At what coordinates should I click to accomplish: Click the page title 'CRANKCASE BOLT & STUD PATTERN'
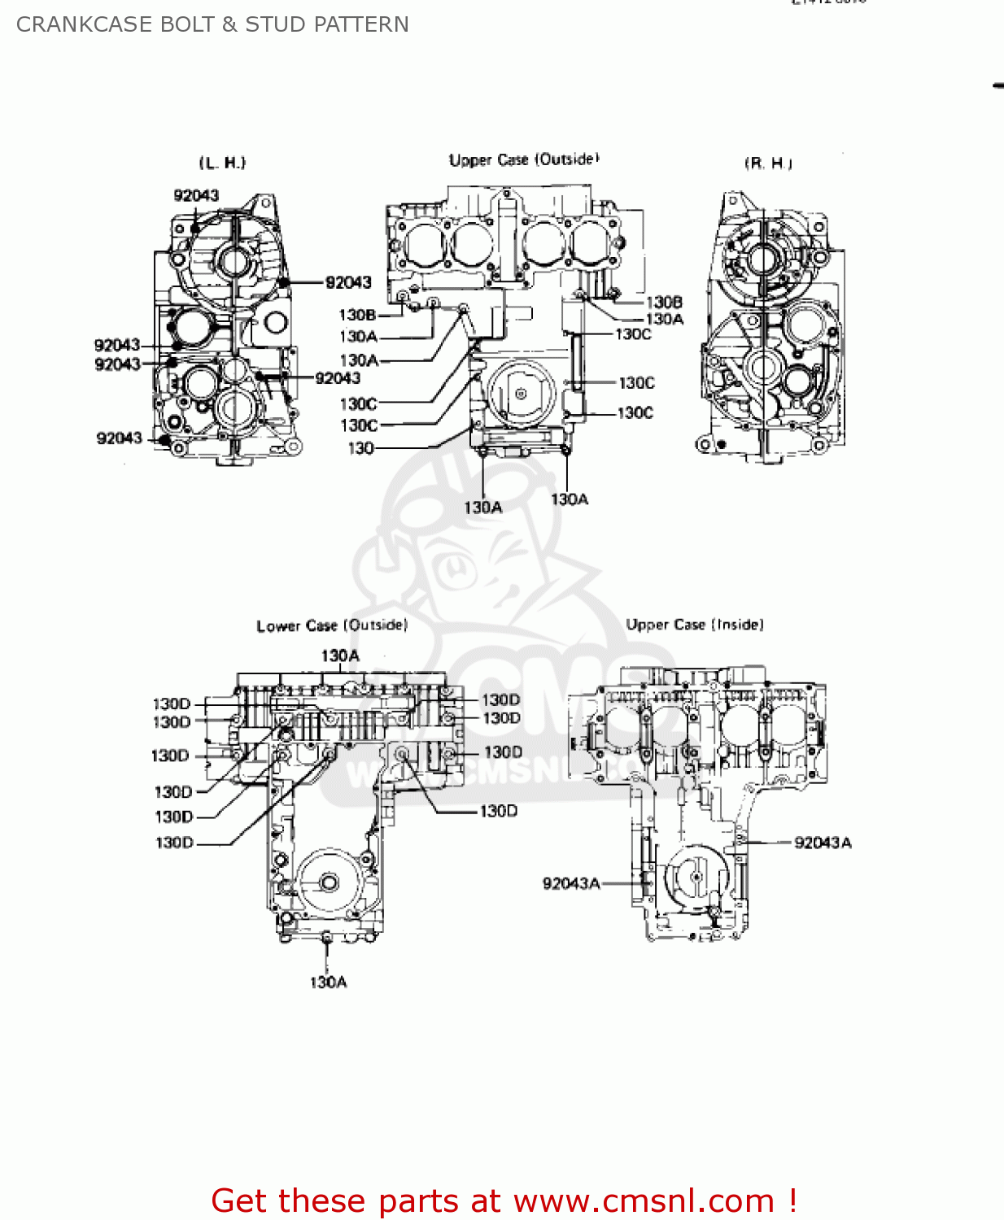point(212,24)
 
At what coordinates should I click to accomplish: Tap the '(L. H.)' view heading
point(222,163)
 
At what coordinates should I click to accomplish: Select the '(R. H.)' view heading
point(768,163)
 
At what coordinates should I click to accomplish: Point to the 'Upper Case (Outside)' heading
point(524,159)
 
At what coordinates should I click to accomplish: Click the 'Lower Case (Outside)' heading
point(332,625)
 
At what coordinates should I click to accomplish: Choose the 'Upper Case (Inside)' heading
point(695,625)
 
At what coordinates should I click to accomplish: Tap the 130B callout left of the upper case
point(357,315)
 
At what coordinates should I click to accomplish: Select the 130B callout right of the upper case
point(664,302)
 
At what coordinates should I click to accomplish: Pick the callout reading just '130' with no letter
point(360,448)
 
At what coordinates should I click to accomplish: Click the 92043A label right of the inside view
point(823,843)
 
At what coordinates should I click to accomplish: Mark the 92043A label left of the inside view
point(571,883)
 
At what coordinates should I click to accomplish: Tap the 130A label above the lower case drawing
point(340,656)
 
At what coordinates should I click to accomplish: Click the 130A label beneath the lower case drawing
point(328,982)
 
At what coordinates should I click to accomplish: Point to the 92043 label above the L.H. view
point(196,195)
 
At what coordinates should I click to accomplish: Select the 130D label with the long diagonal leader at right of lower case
point(498,811)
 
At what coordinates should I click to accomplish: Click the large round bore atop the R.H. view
point(762,259)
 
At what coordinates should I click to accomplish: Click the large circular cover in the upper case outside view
point(521,394)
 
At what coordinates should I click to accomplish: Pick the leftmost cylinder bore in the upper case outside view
point(425,243)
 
